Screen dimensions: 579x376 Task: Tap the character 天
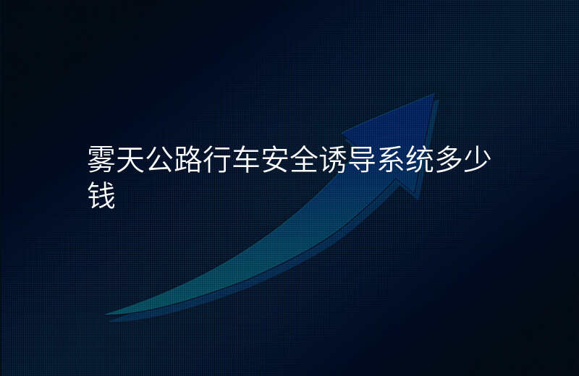pos(131,159)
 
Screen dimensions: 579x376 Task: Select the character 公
pos(159,159)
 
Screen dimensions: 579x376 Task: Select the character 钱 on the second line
pos(102,195)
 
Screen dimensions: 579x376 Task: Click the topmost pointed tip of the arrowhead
pos(434,95)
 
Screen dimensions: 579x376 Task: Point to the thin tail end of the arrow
pos(107,315)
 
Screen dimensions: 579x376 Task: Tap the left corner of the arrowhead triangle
pos(342,132)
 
